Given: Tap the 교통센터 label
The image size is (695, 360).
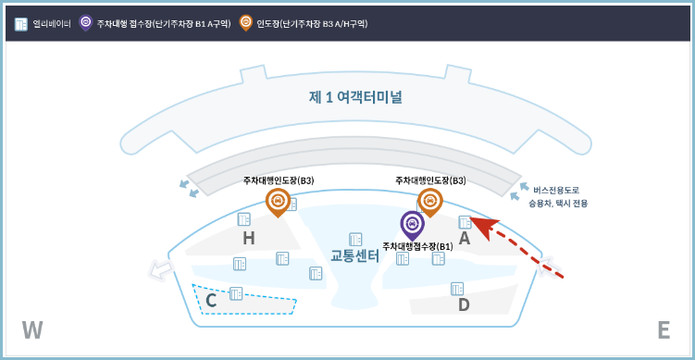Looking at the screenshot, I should click(x=354, y=256).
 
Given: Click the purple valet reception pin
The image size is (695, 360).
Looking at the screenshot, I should click(x=412, y=223).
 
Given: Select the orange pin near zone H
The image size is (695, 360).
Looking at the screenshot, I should click(x=277, y=200).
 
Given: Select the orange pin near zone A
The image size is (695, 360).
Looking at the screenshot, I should click(x=429, y=200).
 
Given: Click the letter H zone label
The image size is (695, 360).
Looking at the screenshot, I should click(x=248, y=239).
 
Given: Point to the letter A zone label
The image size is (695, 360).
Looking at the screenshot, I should click(x=465, y=238).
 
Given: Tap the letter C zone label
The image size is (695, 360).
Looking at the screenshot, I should click(x=211, y=300).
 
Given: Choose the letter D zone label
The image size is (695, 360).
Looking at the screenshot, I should click(x=464, y=304).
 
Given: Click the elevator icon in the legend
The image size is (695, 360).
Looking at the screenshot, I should click(x=21, y=20).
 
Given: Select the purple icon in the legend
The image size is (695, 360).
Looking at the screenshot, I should click(x=85, y=20).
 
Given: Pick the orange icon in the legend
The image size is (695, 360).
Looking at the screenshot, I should click(x=245, y=20).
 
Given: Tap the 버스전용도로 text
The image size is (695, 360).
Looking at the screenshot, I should click(x=557, y=190).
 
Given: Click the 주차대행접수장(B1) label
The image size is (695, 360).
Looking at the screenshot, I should click(x=418, y=246).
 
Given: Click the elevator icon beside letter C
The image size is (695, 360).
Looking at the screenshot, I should click(x=236, y=293).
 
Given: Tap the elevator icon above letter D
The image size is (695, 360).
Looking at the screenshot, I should click(x=457, y=288).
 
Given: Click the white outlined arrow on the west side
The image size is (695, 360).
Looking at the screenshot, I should click(x=161, y=269).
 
